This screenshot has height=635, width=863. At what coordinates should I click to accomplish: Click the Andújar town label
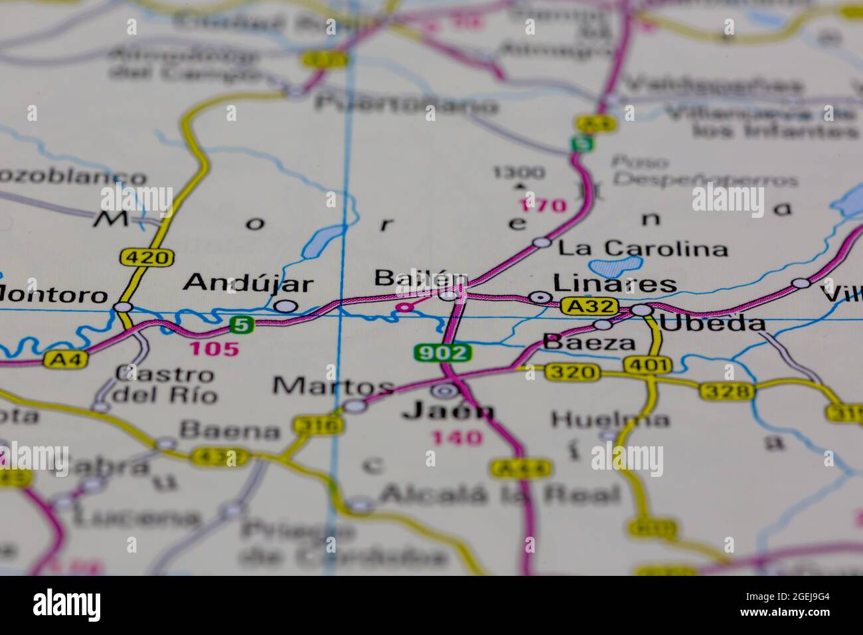pos(248,284)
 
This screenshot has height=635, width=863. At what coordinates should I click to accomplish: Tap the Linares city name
pos(615,284)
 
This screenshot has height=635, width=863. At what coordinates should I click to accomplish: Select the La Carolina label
pos(643,249)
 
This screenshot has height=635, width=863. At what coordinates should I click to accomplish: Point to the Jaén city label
pos(448,411)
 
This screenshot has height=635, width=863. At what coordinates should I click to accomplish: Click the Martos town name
pos(333,385)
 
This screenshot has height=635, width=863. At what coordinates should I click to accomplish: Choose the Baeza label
pos(589,343)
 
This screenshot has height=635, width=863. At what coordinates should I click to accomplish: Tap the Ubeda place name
pos(712,324)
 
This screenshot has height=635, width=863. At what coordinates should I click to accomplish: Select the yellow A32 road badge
pos(589,306)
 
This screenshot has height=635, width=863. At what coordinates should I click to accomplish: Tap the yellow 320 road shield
pos(572,372)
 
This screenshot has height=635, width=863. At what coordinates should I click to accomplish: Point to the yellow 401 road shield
pos(647,365)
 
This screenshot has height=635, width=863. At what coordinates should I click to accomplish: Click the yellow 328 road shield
pos(726,391)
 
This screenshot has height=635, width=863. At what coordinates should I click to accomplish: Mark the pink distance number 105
pos(214,349)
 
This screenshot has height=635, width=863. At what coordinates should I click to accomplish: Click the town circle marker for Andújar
pos(285,306)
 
